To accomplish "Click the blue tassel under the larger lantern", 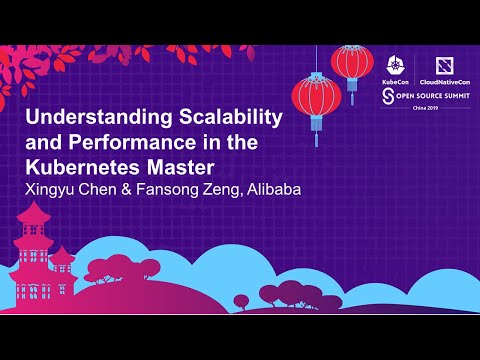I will tap(312, 135).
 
